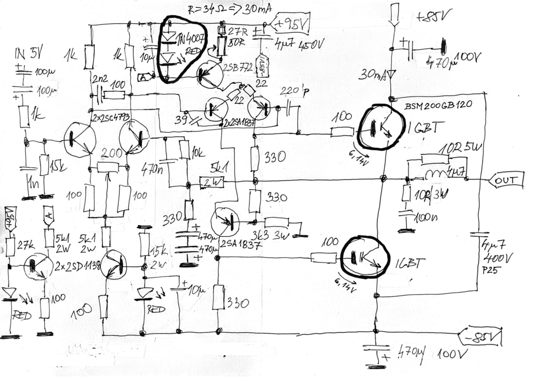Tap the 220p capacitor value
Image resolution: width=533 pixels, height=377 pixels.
click(x=293, y=91)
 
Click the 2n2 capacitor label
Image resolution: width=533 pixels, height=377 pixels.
click(x=99, y=79)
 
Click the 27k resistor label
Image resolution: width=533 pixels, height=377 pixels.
click(x=25, y=245)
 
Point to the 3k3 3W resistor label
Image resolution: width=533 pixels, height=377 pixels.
click(x=271, y=236)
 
